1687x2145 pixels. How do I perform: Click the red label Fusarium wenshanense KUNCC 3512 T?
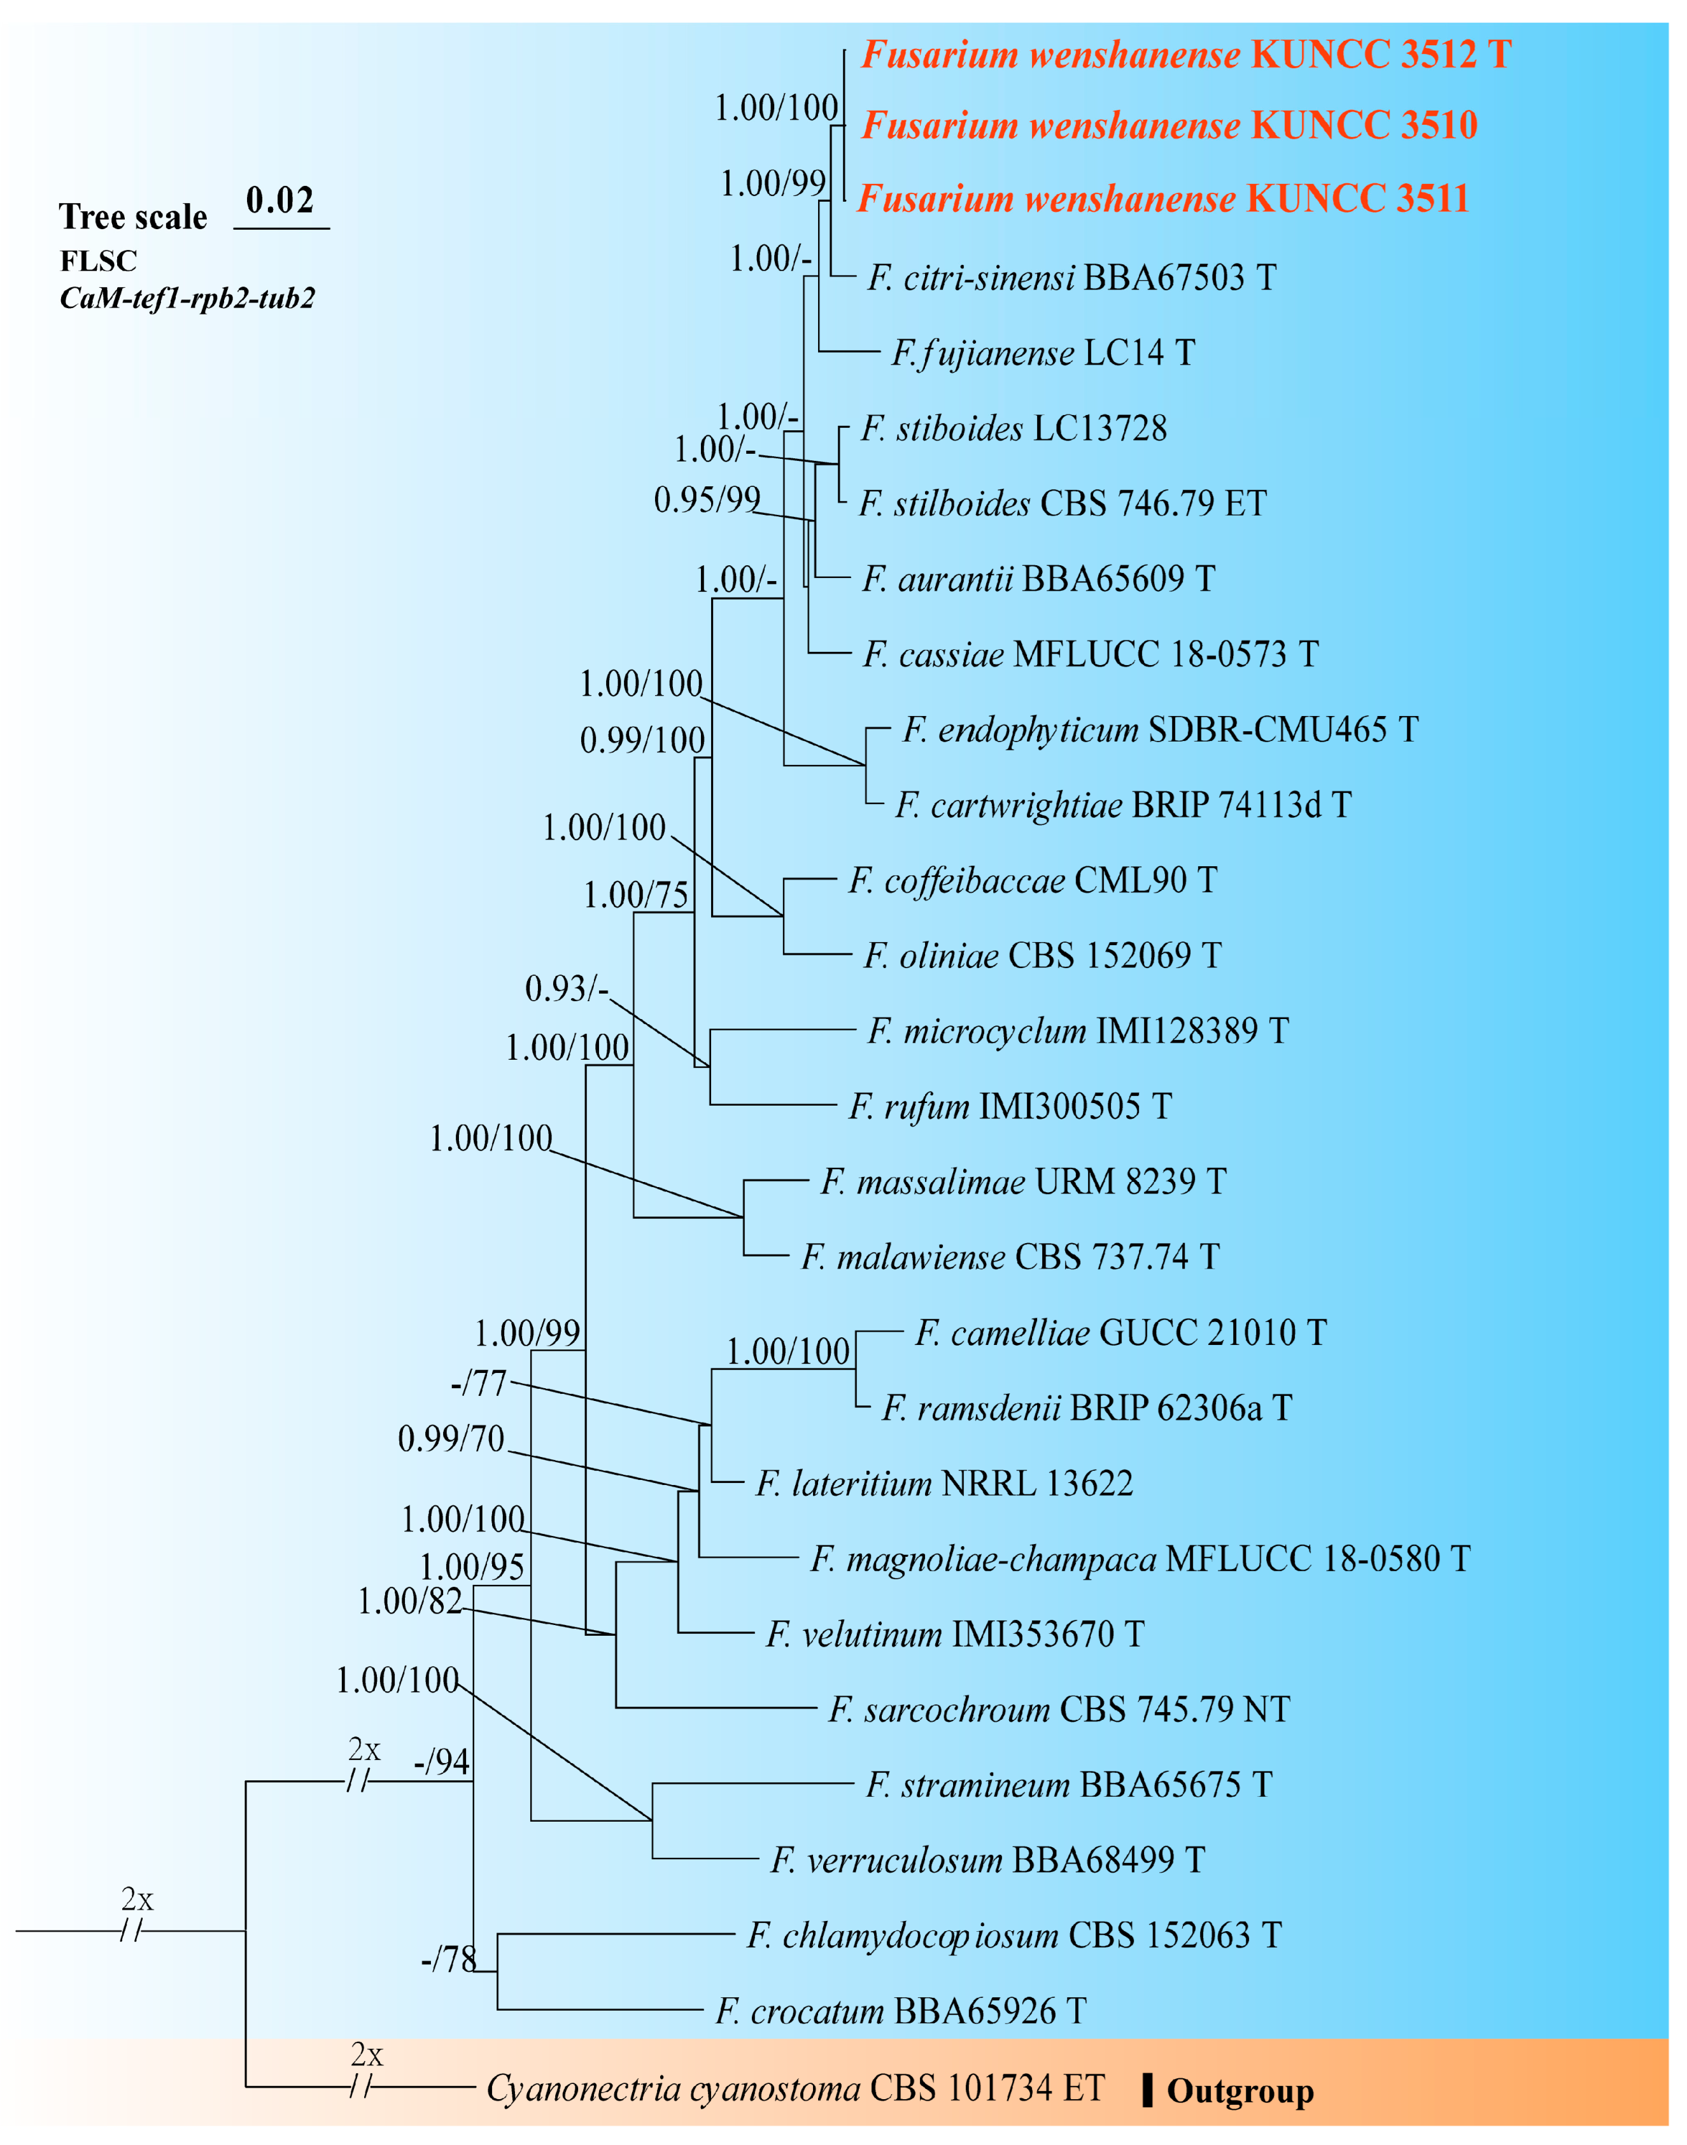click(x=1185, y=54)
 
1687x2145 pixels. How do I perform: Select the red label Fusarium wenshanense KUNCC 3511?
click(x=1162, y=199)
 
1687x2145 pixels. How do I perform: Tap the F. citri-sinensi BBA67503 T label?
click(x=1071, y=278)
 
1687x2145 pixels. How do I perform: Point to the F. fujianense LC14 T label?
click(x=1043, y=353)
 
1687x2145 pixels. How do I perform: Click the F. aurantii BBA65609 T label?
click(x=1038, y=579)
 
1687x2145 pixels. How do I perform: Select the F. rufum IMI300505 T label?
click(x=1010, y=1106)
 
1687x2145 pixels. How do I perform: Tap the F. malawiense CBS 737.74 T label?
click(x=1010, y=1257)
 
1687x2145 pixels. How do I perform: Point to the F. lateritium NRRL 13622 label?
click(x=944, y=1483)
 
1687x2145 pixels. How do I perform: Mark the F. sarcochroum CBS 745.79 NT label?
click(x=1059, y=1710)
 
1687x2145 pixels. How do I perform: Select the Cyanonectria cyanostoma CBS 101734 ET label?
click(x=795, y=2089)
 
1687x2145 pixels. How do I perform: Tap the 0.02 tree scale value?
click(x=279, y=200)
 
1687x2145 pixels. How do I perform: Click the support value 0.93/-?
click(x=566, y=988)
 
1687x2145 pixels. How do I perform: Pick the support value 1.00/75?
click(x=635, y=895)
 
